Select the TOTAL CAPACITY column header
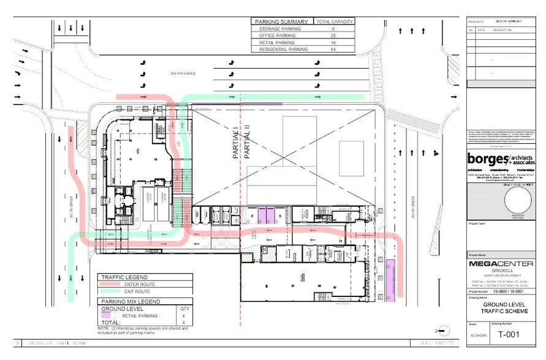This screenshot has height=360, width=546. click(x=334, y=21)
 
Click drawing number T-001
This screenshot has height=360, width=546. click(x=509, y=334)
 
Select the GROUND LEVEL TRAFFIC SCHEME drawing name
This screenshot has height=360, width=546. click(x=502, y=307)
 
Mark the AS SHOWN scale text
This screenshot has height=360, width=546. click(x=477, y=336)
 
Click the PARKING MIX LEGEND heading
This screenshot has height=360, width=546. click(x=130, y=301)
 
